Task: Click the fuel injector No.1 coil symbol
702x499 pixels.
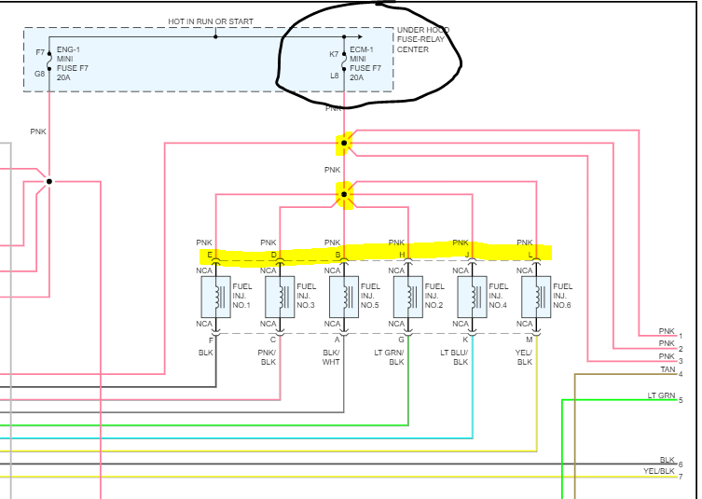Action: [x=216, y=297]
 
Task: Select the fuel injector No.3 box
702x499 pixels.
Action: [x=280, y=297]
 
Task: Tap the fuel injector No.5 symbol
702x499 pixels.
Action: [x=344, y=297]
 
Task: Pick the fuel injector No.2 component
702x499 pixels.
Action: [x=408, y=297]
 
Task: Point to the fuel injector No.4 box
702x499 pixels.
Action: [x=473, y=297]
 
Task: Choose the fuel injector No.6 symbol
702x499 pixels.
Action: [x=537, y=297]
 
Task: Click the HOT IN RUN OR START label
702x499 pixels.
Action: [x=211, y=21]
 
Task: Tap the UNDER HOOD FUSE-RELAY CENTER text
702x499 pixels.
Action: [x=422, y=40]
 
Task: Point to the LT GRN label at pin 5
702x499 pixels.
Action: [x=661, y=396]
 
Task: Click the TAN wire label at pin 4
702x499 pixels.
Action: [x=667, y=370]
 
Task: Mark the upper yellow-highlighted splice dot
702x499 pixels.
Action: [x=344, y=143]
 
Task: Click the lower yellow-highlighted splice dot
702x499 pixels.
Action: [x=344, y=195]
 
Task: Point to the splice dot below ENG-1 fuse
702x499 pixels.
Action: [x=49, y=181]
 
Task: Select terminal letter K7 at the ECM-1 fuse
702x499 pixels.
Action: [x=334, y=54]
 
